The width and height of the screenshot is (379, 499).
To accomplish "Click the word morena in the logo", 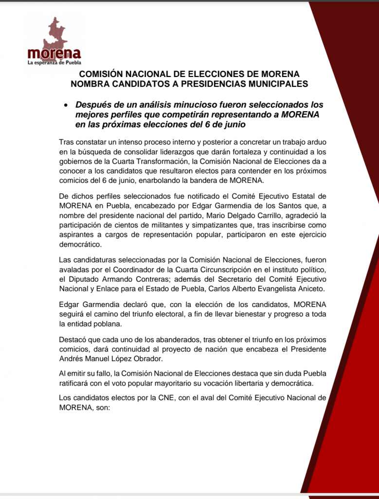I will pos(54,53).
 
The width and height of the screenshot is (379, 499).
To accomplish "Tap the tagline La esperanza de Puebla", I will pos(54,62).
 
